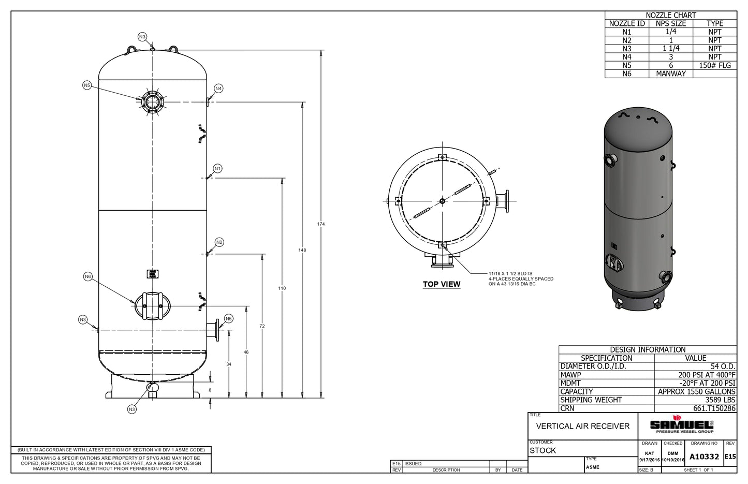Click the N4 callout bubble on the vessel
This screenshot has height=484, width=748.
218,89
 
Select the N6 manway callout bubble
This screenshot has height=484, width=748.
87,277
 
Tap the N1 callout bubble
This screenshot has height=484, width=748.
218,169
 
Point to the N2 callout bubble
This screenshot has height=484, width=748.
219,242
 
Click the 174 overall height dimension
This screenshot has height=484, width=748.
321,224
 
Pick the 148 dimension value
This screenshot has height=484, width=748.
302,250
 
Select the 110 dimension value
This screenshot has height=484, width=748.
282,288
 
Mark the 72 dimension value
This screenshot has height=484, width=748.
262,326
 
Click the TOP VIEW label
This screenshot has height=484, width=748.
441,284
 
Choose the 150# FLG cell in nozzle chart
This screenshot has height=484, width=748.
714,65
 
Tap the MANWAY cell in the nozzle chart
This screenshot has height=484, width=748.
670,74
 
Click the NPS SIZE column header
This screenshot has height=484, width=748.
670,23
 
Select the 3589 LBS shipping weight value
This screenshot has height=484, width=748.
720,400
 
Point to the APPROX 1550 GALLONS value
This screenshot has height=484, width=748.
696,392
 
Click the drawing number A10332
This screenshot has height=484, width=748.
704,457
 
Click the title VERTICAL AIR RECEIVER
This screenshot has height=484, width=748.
583,426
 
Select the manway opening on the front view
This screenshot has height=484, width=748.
152,305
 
